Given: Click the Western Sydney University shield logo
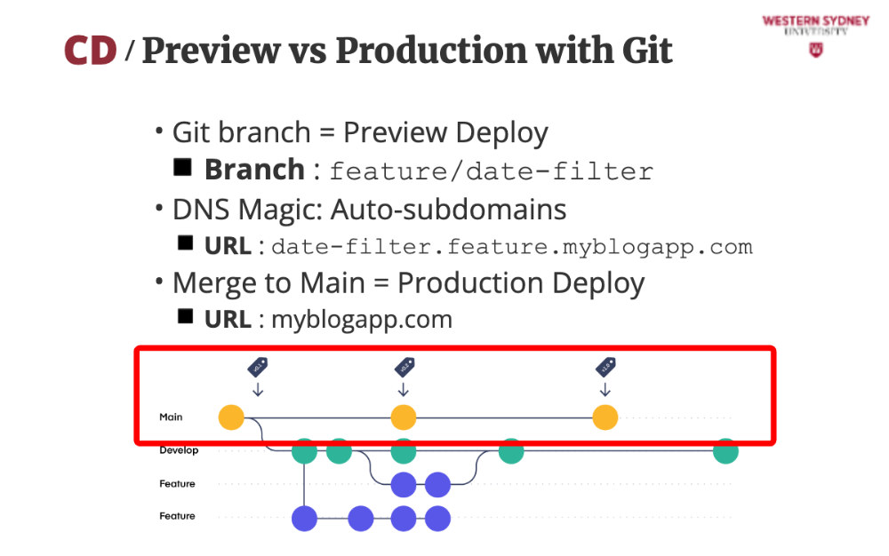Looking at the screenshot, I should [x=815, y=50].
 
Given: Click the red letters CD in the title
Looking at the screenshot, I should [x=91, y=51].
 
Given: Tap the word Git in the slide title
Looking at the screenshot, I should [x=642, y=51].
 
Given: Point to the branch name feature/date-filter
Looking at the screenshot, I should [x=492, y=171].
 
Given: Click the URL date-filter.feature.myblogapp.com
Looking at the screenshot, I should [x=512, y=246].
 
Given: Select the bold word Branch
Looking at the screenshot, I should [x=254, y=170].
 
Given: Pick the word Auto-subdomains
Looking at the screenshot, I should [x=449, y=210].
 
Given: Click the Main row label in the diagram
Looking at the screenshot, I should [x=171, y=417].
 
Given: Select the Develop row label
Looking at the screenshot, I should [x=179, y=450].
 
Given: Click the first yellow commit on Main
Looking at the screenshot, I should [x=231, y=417].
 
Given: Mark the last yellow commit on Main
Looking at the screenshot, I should [x=605, y=417].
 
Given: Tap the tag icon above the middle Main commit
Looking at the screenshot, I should [x=404, y=367].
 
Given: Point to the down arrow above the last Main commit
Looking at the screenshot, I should [x=605, y=389].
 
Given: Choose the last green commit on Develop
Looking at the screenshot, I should [x=725, y=451].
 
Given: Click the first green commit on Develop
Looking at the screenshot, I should [x=305, y=451].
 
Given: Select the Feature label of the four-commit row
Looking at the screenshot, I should [x=177, y=516].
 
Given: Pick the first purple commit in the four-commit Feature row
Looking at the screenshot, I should [x=305, y=518].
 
